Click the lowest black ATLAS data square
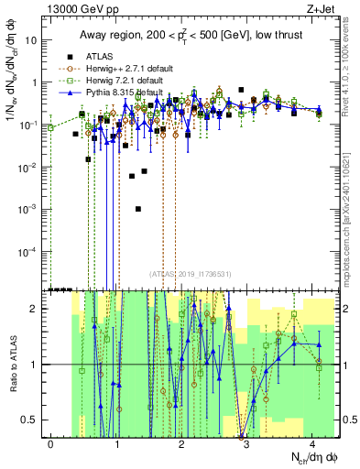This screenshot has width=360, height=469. click(137, 209)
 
